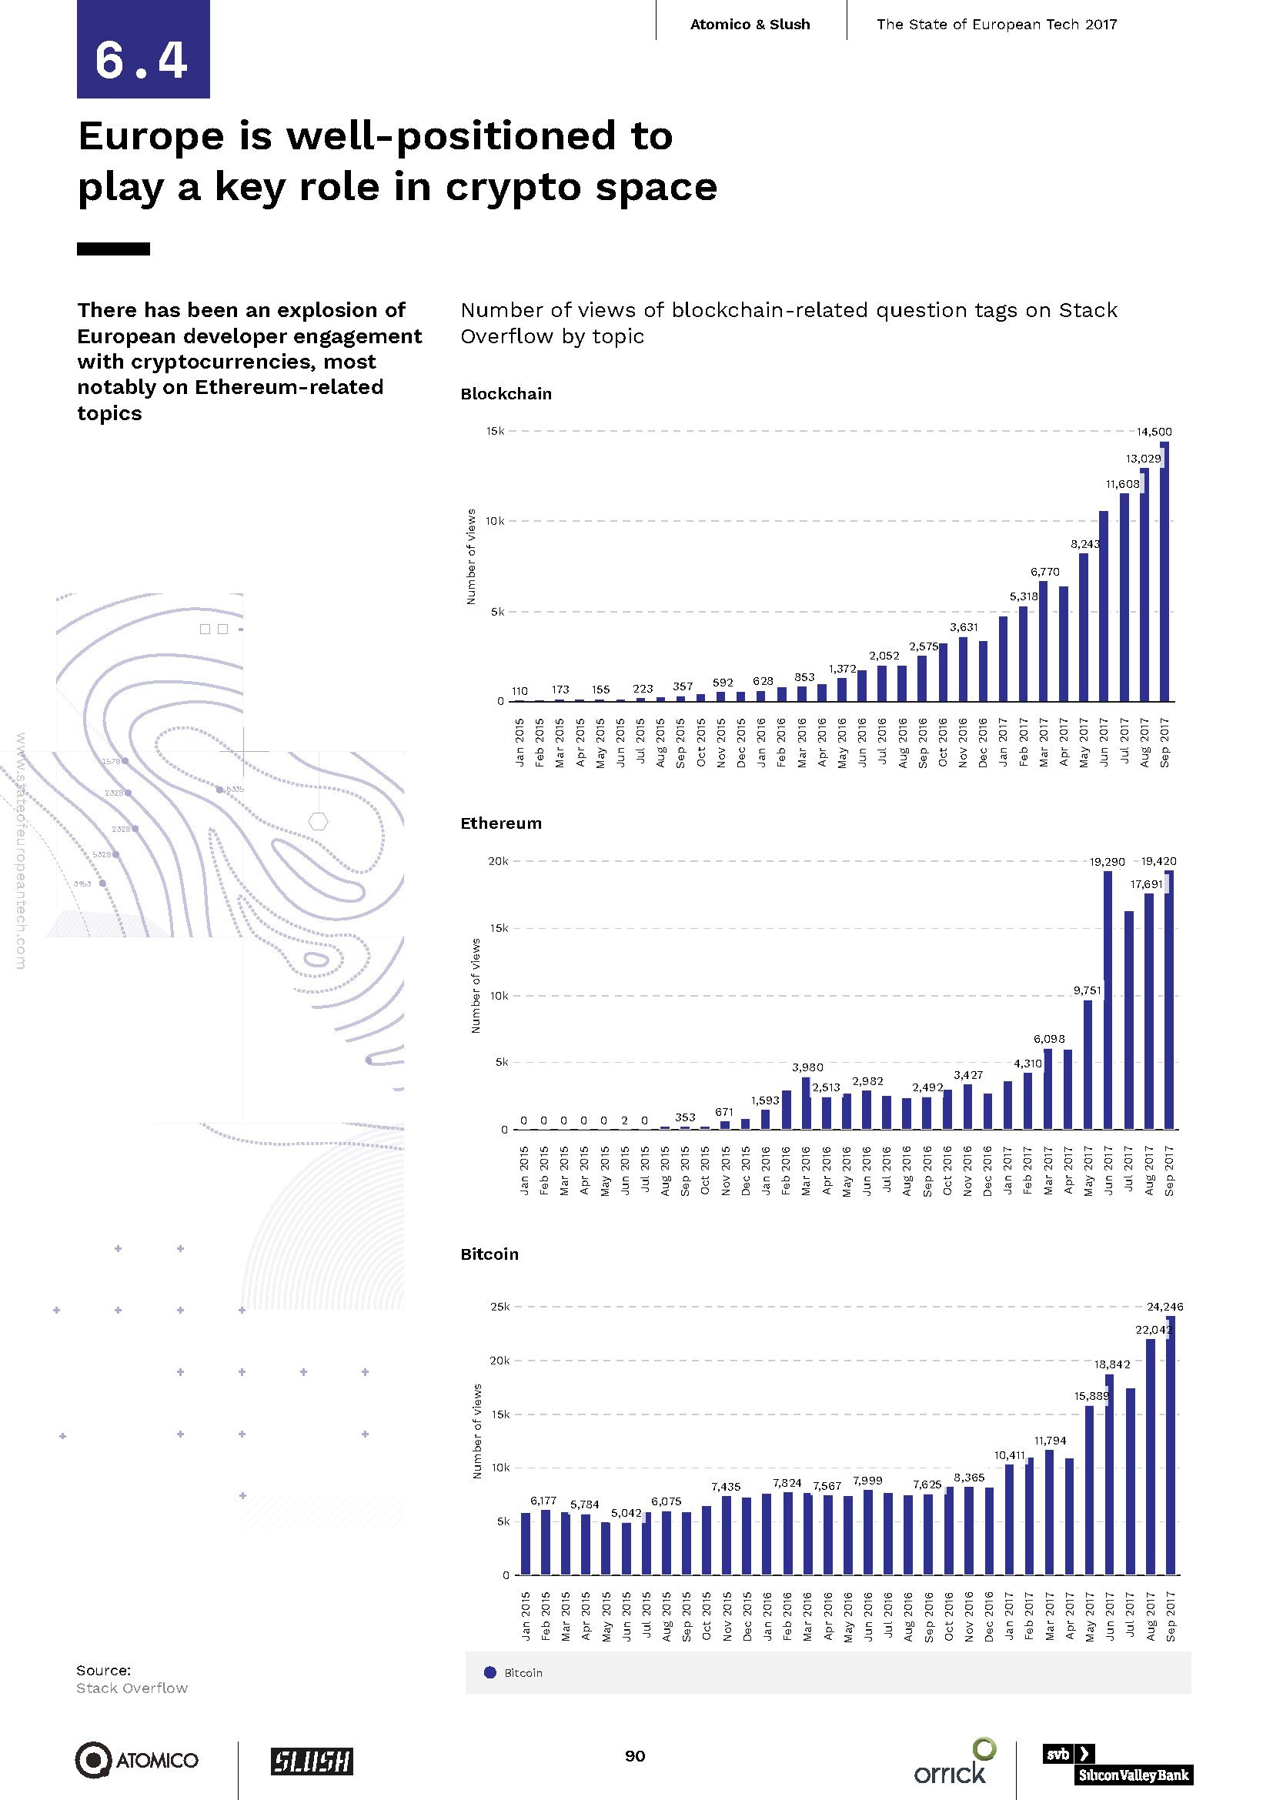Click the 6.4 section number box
[142, 49]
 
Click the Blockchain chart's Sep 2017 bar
[1164, 573]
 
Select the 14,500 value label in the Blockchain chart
[1154, 431]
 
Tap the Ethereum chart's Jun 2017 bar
[1108, 1000]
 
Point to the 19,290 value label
[1107, 862]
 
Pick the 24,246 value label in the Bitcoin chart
[1164, 1306]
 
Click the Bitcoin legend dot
[491, 1672]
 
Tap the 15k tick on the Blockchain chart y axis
[496, 431]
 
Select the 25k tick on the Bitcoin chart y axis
[500, 1307]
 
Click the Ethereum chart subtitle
[501, 823]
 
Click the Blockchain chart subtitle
[506, 393]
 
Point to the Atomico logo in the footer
[137, 1760]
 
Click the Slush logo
[312, 1761]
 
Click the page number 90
[635, 1756]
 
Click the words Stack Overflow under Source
[132, 1688]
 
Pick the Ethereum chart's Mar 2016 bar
[806, 1103]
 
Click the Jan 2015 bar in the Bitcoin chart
[526, 1544]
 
